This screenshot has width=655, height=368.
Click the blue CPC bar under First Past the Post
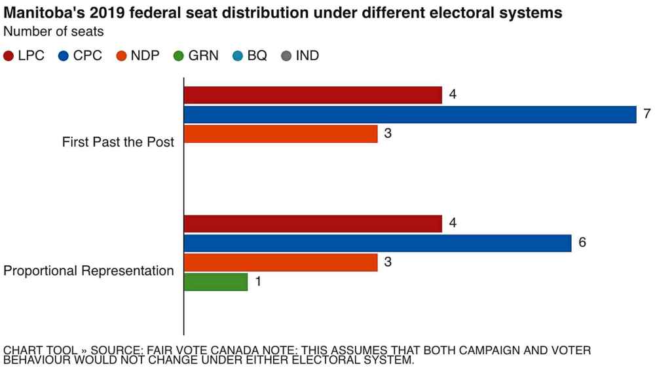pyautogui.click(x=410, y=115)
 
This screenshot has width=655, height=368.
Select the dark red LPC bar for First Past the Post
pyautogui.click(x=313, y=95)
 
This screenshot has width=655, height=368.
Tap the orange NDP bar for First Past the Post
pyautogui.click(x=280, y=134)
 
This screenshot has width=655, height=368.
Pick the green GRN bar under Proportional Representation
pyautogui.click(x=215, y=282)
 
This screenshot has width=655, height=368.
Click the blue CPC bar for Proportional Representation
pyautogui.click(x=378, y=243)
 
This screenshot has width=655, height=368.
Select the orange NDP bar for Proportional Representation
pyautogui.click(x=280, y=263)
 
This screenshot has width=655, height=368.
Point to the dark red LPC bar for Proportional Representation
pyautogui.click(x=313, y=223)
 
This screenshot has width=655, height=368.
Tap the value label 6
pyautogui.click(x=582, y=243)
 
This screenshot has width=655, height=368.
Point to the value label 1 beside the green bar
pyautogui.click(x=258, y=282)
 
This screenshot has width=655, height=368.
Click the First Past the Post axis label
pyautogui.click(x=118, y=142)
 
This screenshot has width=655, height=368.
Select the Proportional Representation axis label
pyautogui.click(x=89, y=271)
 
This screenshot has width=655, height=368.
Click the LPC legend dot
pyautogui.click(x=9, y=56)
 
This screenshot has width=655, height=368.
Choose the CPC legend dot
pyautogui.click(x=64, y=56)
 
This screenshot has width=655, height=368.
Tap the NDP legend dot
pyautogui.click(x=121, y=56)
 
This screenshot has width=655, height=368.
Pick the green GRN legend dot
pyautogui.click(x=178, y=56)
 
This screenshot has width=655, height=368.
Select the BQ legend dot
pyautogui.click(x=237, y=56)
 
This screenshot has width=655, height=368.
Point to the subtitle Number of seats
pyautogui.click(x=53, y=31)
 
